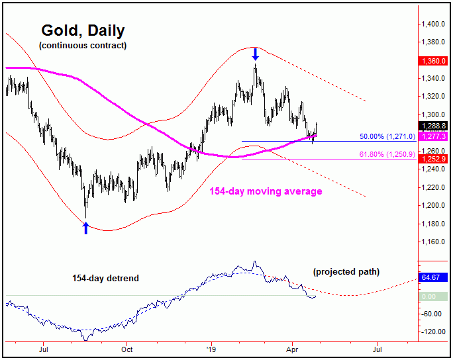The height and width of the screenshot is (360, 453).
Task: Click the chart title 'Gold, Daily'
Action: click(x=83, y=31)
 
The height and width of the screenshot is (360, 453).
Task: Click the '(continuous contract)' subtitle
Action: click(x=83, y=46)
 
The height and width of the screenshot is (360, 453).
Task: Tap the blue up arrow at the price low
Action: click(x=85, y=228)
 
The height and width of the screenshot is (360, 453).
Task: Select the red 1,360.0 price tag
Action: click(x=434, y=60)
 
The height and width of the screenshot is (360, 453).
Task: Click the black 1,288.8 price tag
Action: click(x=434, y=125)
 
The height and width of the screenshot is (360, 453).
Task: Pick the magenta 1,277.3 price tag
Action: click(x=434, y=136)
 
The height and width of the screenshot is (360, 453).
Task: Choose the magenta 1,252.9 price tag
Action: click(x=434, y=158)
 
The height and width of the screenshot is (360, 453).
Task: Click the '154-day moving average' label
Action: click(x=266, y=191)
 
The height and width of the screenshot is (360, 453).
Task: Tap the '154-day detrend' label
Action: click(x=106, y=278)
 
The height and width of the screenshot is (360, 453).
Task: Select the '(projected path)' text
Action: click(x=346, y=272)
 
